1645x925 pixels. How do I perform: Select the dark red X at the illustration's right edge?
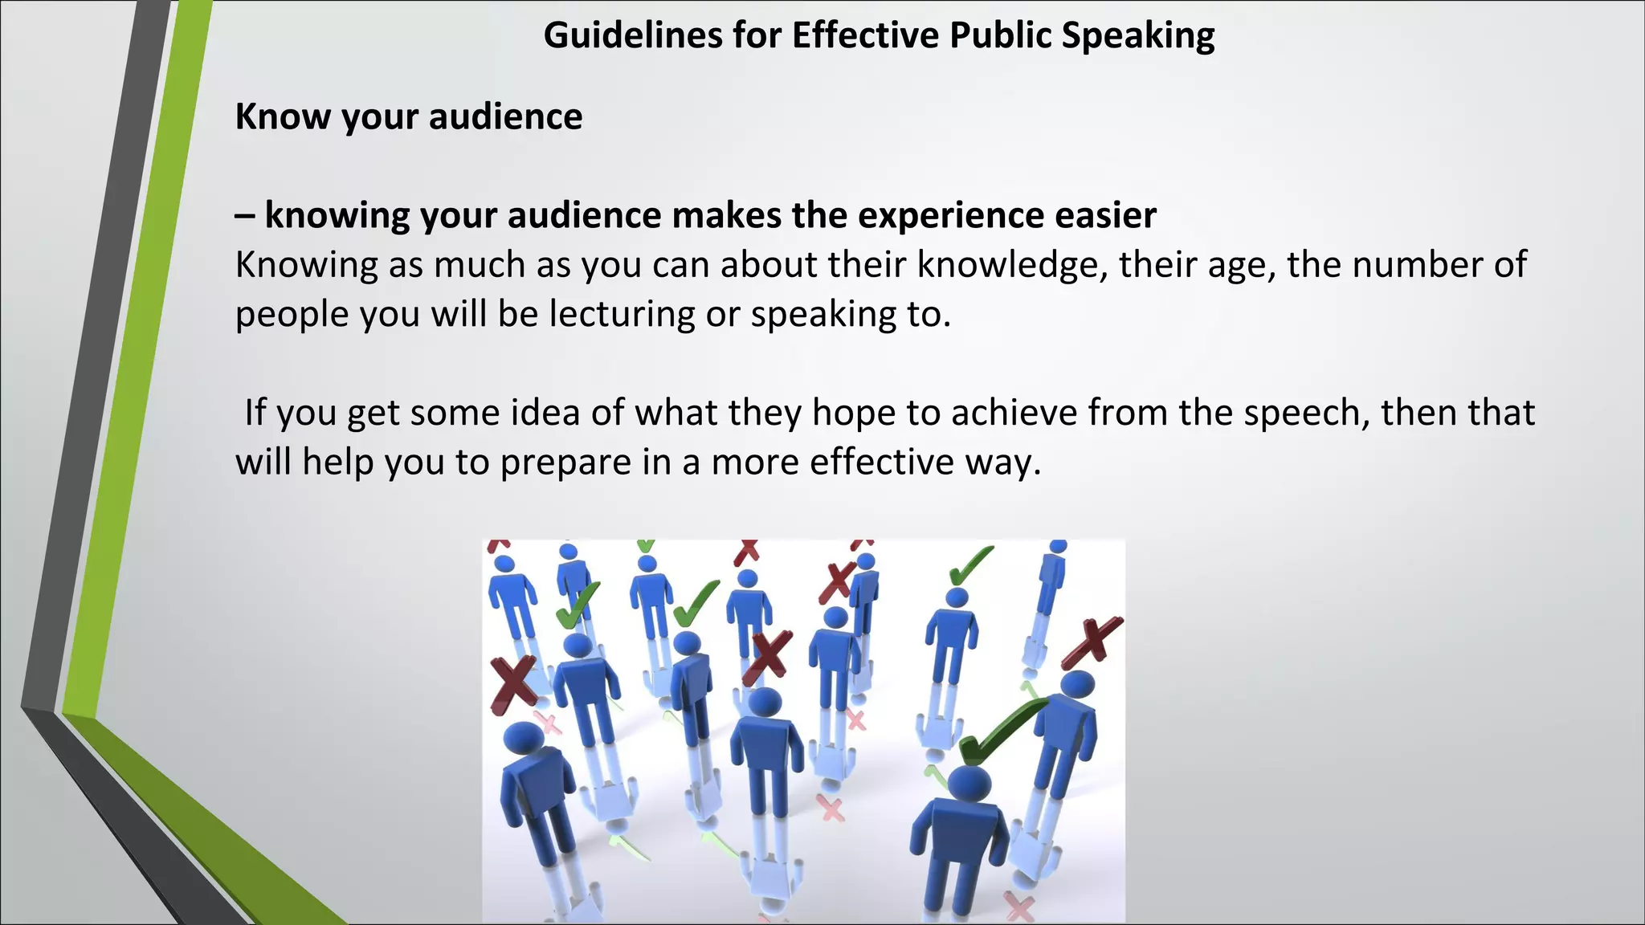pyautogui.click(x=1092, y=642)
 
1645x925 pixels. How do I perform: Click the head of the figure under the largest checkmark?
pyautogui.click(x=969, y=784)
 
